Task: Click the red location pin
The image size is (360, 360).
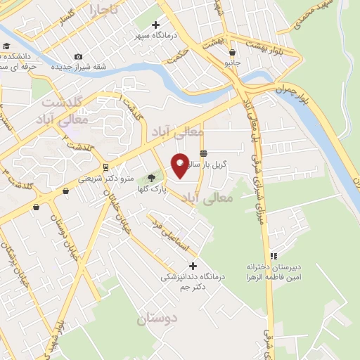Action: pyautogui.click(x=180, y=165)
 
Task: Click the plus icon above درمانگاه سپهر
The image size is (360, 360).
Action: pyautogui.click(x=155, y=25)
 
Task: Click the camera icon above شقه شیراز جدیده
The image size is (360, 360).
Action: pyautogui.click(x=78, y=56)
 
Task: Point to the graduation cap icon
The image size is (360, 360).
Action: pyautogui.click(x=6, y=46)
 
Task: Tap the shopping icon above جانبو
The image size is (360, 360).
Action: pyautogui.click(x=232, y=51)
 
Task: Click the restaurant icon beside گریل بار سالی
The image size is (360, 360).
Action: pyautogui.click(x=203, y=153)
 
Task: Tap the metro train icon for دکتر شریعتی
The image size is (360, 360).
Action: pyautogui.click(x=105, y=167)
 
